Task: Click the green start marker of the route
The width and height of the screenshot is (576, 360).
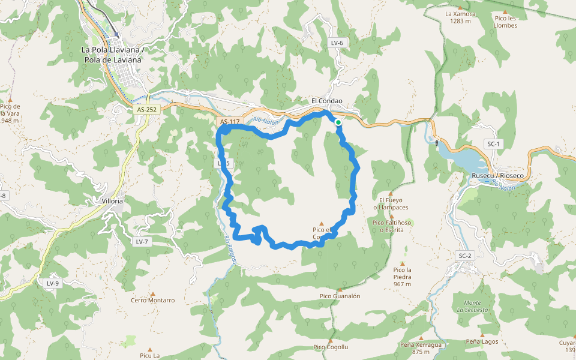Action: click(x=338, y=122)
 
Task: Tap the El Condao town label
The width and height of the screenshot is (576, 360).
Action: click(x=326, y=101)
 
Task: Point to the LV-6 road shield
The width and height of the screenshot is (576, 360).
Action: click(x=337, y=43)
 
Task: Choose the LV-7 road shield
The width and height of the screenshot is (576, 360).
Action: click(x=142, y=241)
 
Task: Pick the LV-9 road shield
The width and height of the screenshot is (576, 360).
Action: click(x=53, y=283)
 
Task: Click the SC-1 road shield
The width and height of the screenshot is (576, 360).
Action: click(x=493, y=144)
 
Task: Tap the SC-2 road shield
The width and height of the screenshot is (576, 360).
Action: click(x=465, y=256)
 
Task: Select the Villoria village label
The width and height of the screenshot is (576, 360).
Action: click(x=112, y=201)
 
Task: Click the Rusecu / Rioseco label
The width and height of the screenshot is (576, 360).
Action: click(x=497, y=175)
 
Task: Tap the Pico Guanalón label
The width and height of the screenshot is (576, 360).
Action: click(x=340, y=296)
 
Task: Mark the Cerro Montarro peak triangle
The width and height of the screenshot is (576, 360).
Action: click(x=152, y=294)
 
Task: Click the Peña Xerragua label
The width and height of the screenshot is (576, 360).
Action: click(x=421, y=345)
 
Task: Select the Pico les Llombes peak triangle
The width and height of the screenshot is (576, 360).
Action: click(x=505, y=12)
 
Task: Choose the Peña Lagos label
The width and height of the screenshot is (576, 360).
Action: click(x=482, y=341)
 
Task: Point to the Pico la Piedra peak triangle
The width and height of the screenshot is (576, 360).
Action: click(x=403, y=263)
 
